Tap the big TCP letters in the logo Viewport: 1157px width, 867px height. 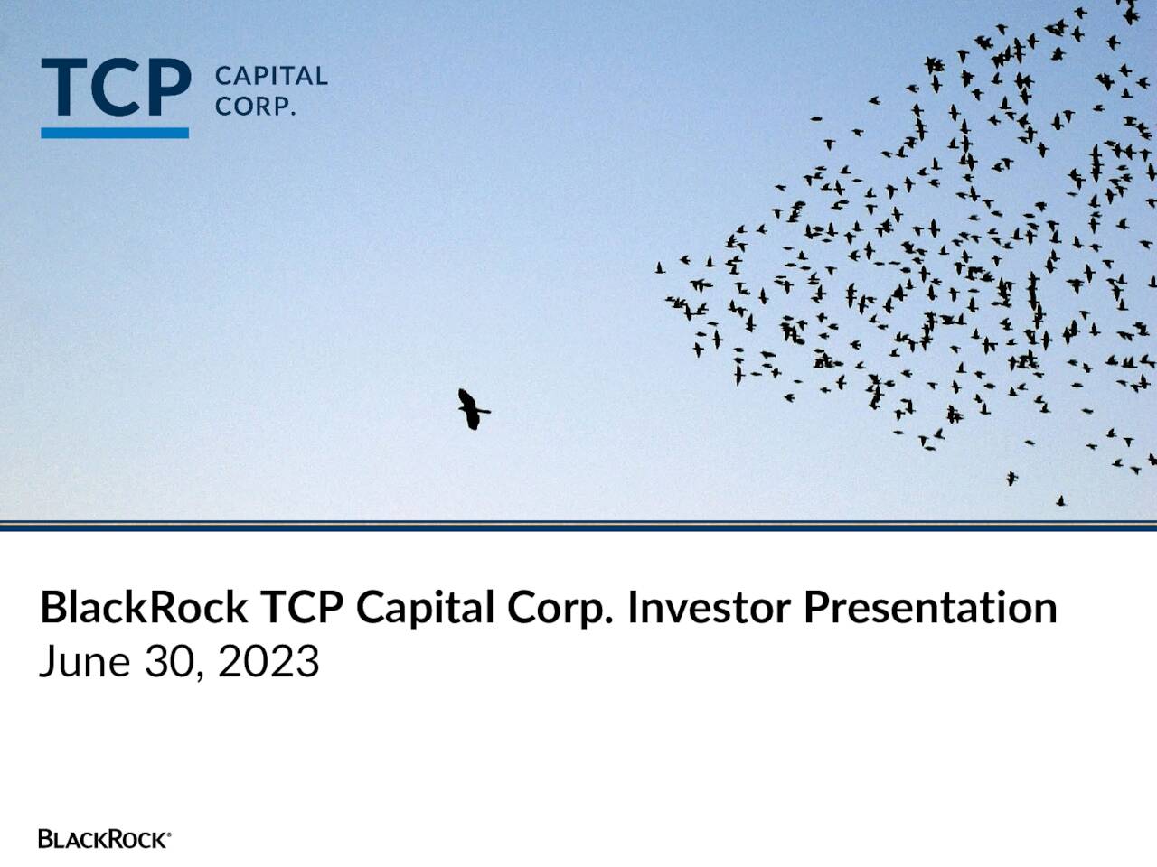coord(116,89)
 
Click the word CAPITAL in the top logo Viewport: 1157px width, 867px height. coord(270,76)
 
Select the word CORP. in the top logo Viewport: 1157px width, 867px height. coord(255,107)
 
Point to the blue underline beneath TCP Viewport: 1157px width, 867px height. coord(115,133)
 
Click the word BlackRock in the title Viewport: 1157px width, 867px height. coord(144,607)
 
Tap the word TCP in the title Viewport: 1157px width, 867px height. coord(302,607)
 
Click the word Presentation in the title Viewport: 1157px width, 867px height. coord(930,607)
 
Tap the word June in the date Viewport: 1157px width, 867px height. coord(84,662)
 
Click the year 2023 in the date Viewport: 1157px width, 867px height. coord(268,662)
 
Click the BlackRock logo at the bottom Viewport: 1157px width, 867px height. coord(104,839)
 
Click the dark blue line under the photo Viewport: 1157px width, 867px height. coord(578,527)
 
